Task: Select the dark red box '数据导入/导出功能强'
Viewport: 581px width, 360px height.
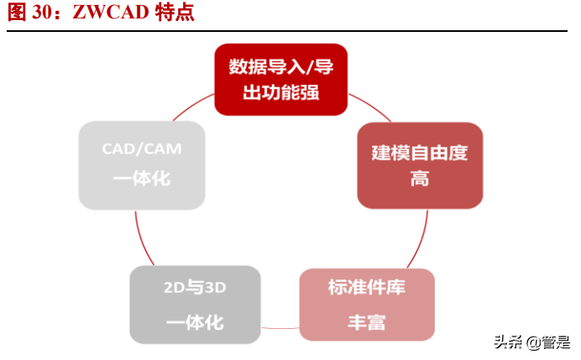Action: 280,79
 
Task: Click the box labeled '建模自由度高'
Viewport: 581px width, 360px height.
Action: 420,165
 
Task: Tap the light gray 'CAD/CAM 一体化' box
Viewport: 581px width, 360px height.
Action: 142,165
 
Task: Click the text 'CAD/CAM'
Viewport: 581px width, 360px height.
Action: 142,149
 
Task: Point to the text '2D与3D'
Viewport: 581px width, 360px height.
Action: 195,288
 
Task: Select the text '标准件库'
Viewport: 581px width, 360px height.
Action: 366,288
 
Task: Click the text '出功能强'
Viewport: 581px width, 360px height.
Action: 280,92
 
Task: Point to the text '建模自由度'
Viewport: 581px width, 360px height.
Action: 420,153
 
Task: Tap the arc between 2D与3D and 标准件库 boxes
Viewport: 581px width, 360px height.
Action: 280,326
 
